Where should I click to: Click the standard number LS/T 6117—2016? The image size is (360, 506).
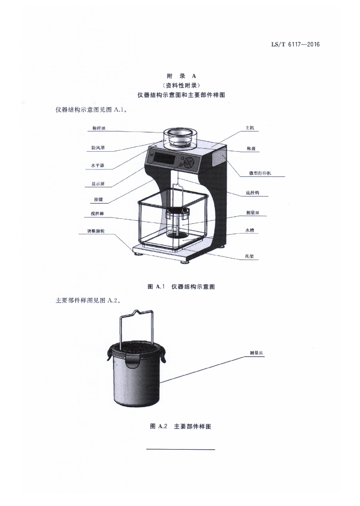295,44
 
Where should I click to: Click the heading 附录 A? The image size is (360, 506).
181,76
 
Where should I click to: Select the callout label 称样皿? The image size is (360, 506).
99,128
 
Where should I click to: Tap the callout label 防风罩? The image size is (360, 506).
98,147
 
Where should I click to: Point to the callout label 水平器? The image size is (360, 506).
98,166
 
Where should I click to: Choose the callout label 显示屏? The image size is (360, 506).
98,184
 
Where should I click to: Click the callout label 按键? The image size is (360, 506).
98,200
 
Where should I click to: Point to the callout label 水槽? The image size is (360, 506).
250,230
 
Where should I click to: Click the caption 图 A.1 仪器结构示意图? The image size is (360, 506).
181,287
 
